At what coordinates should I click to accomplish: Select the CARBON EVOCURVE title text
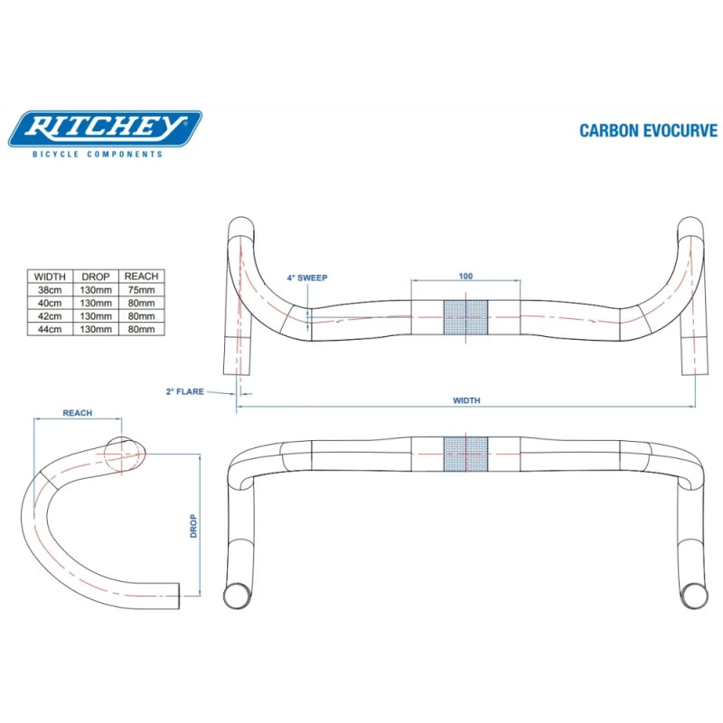pos(648,130)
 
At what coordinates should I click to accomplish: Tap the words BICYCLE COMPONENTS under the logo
pos(98,155)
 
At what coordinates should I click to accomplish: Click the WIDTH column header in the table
pos(50,277)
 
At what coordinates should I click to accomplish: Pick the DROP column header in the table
pos(95,277)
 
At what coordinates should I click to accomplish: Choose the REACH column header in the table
pos(140,277)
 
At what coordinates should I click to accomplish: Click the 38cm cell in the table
pos(50,291)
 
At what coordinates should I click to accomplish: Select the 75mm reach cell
pos(140,291)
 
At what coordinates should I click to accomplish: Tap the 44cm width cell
pos(50,330)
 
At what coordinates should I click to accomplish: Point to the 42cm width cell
pos(50,317)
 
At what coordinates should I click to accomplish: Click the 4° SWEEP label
pos(307,278)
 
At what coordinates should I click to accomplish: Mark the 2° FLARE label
pos(184,391)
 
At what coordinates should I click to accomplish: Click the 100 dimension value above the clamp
pos(465,276)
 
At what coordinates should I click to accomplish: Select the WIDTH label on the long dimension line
pos(465,400)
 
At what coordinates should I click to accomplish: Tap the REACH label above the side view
pos(77,412)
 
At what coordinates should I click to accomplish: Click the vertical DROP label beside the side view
pos(193,526)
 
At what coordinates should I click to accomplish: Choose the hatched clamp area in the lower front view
pos(465,455)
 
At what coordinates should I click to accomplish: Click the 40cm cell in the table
pos(50,304)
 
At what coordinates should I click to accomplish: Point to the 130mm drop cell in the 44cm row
pos(95,330)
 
